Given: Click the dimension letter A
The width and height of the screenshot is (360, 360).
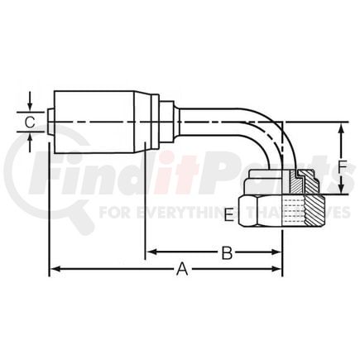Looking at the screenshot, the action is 182,269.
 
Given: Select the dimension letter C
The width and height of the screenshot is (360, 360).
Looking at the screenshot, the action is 30,122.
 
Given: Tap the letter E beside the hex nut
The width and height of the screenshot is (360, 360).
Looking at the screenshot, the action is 230,215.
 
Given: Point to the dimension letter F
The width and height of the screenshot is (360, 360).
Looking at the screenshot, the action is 343,167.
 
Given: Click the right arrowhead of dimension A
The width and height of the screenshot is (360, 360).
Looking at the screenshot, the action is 276,269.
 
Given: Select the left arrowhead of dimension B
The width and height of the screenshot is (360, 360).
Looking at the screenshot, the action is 151,252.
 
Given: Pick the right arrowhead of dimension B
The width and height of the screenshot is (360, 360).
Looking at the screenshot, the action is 276,252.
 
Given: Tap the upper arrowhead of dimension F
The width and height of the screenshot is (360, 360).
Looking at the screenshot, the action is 342,130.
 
